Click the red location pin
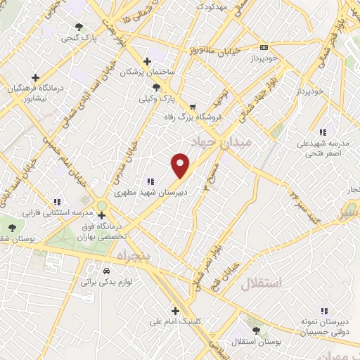(181, 165)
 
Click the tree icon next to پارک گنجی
(78, 27)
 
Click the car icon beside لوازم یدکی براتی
(105, 271)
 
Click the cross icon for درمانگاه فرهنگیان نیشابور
(34, 77)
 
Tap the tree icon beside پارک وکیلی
(156, 86)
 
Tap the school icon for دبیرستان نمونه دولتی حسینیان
(323, 310)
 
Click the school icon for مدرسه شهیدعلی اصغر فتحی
(323, 131)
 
